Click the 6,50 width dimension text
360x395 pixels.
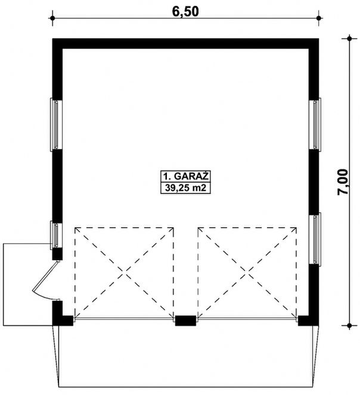point(185,11)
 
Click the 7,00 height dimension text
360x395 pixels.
point(342,182)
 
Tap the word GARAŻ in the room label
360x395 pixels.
point(191,177)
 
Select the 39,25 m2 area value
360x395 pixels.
point(185,188)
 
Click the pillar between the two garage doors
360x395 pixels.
point(185,320)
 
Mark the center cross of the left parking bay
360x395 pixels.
point(124,272)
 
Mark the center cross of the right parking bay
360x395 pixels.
point(247,272)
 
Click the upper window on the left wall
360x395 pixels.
point(56,125)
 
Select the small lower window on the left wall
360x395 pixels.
point(56,235)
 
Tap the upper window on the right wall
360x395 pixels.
point(315,125)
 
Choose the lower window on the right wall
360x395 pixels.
point(315,239)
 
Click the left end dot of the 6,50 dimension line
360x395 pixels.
point(52,18)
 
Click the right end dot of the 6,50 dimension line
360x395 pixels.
point(319,18)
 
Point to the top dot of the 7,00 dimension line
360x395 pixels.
point(349,39)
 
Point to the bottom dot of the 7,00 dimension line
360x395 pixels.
point(349,325)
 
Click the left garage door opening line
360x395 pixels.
point(124,319)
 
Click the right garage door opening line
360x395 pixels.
point(247,319)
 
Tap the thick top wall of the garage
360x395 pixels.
point(185,44)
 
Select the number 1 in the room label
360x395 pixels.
point(166,177)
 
